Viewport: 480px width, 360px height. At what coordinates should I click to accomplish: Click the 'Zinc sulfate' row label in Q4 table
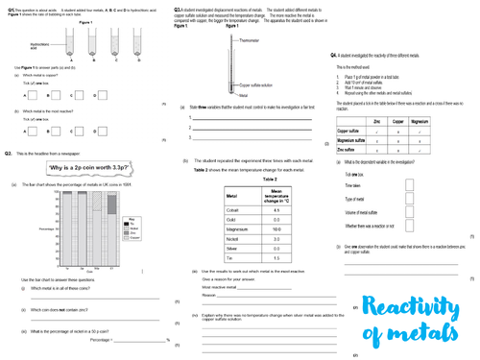tap(351, 150)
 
